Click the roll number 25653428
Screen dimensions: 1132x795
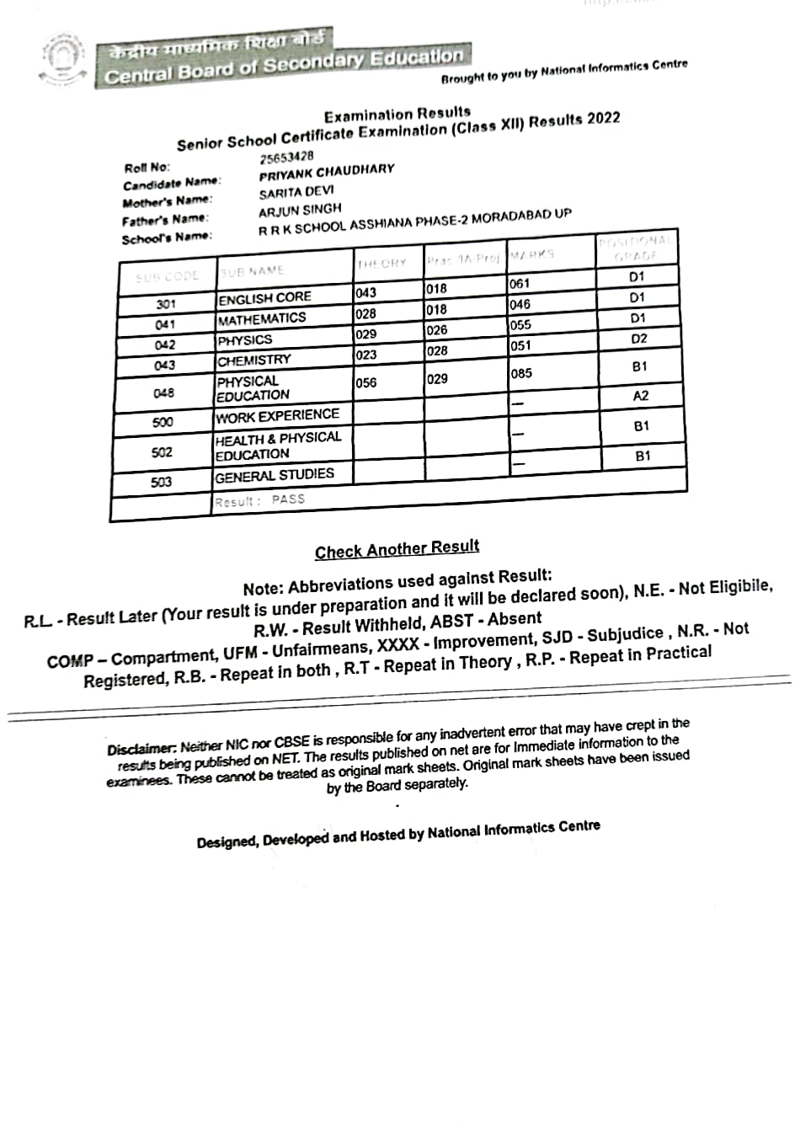coord(286,157)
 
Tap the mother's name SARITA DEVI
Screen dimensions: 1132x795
coord(296,192)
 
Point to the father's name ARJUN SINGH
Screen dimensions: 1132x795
coord(300,209)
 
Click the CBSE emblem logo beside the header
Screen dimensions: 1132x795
coord(63,60)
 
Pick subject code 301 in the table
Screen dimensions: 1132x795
coord(166,304)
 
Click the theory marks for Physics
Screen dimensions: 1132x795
coord(365,334)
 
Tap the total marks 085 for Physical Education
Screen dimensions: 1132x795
coord(521,373)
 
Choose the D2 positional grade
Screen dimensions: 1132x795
coord(639,339)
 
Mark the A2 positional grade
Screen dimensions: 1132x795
coord(641,396)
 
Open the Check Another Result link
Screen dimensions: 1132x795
coord(397,550)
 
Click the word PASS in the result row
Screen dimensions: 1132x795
coord(288,499)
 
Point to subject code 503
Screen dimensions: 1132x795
coord(161,482)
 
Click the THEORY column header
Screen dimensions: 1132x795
coord(381,264)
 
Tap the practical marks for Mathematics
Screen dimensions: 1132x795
coord(436,309)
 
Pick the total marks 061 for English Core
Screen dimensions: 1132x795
coord(520,284)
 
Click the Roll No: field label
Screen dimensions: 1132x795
coord(147,168)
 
